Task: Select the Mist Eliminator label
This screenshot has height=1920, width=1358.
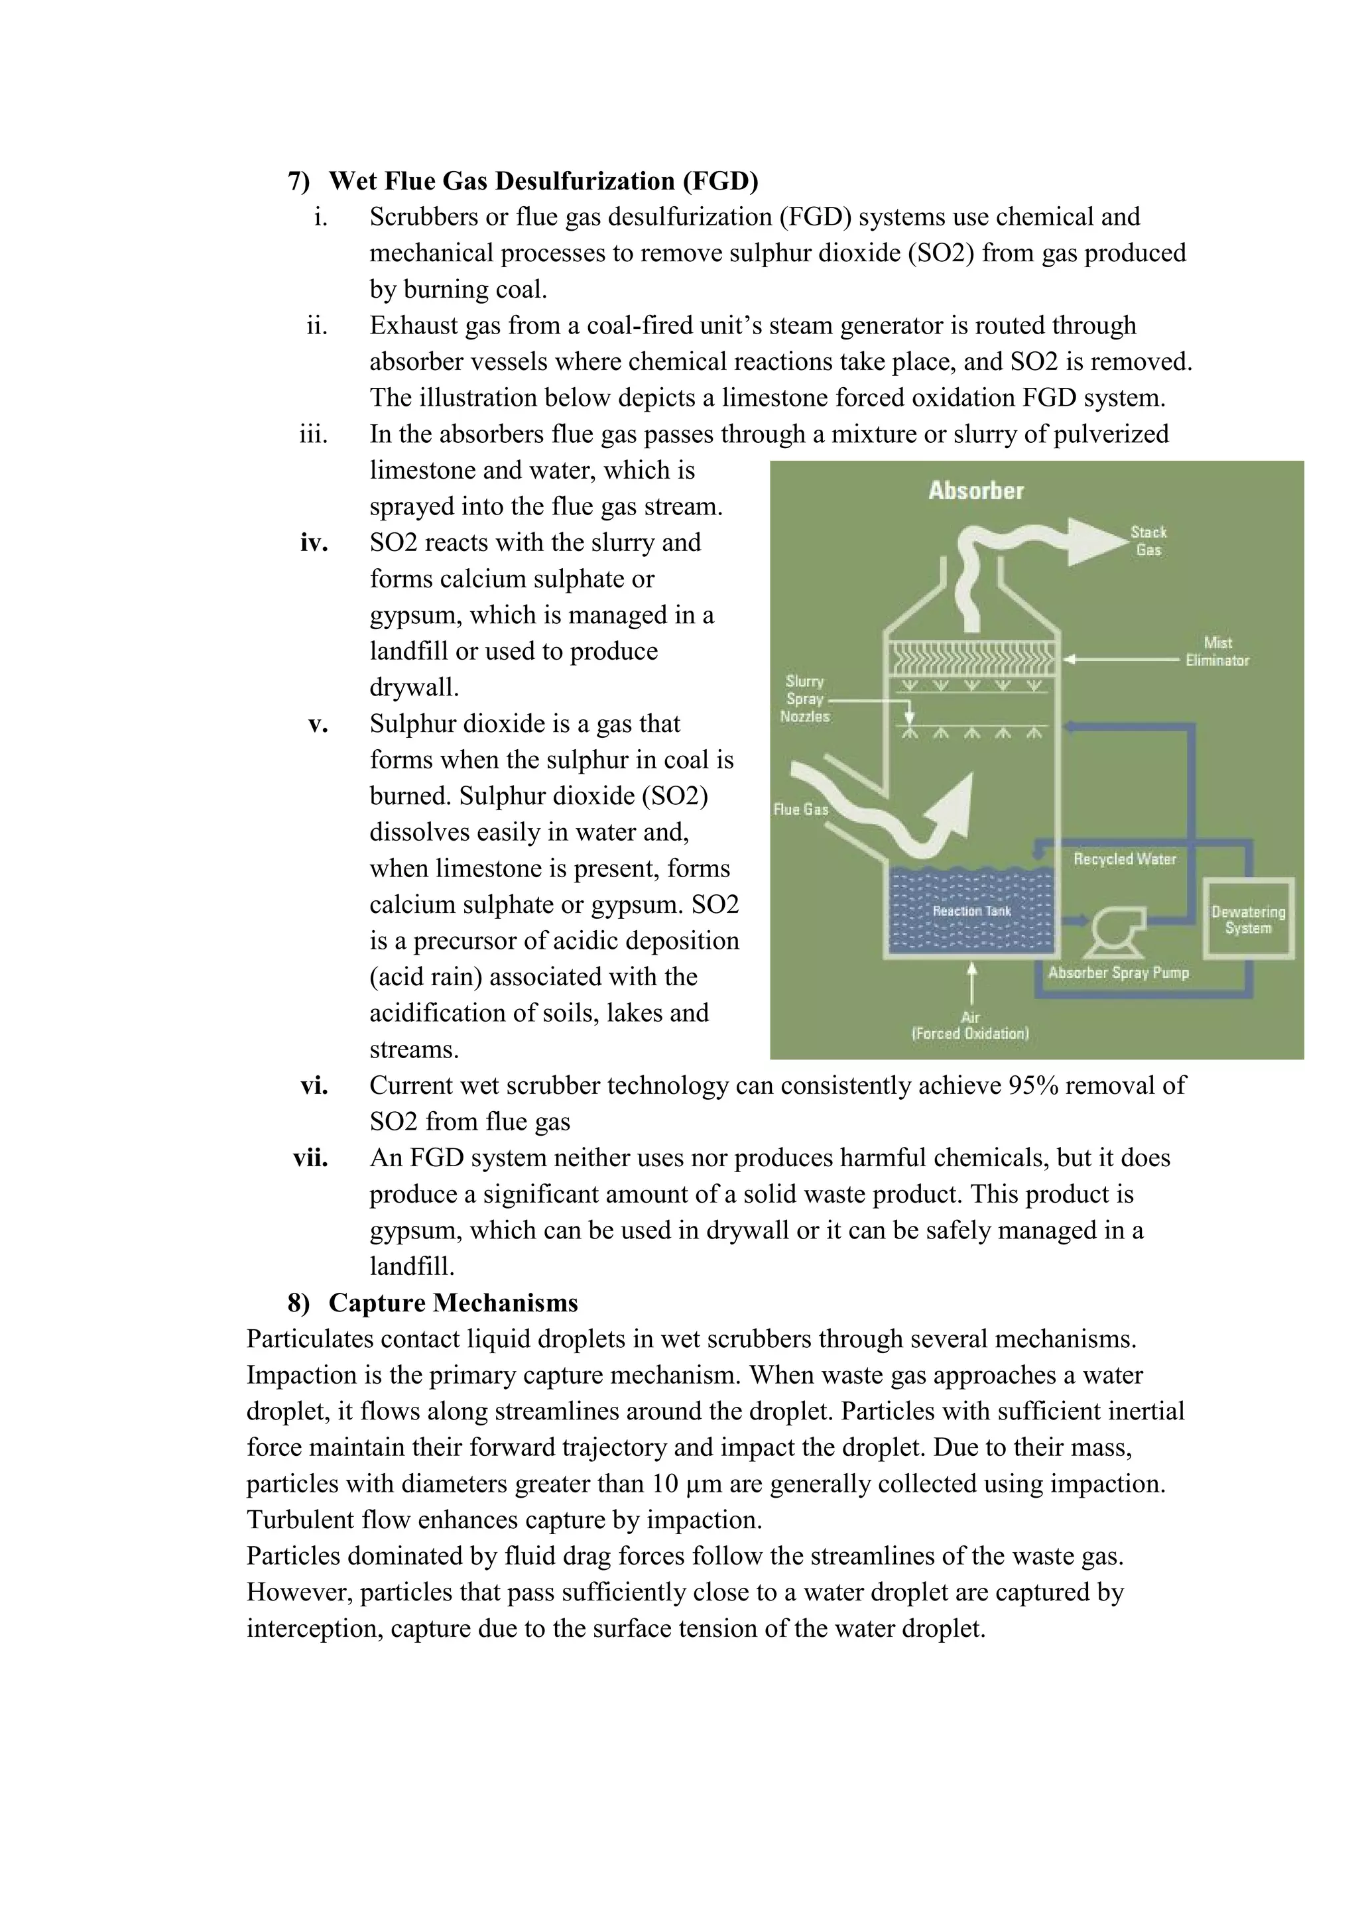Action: click(1217, 652)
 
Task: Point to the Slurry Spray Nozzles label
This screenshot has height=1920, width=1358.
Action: click(804, 699)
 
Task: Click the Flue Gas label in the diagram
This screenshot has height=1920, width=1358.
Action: click(800, 810)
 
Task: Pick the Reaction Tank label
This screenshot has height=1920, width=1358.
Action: click(971, 911)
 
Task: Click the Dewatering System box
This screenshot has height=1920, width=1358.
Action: click(1248, 920)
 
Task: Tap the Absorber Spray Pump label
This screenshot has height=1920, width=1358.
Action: click(1118, 973)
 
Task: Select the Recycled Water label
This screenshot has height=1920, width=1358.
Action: click(1124, 859)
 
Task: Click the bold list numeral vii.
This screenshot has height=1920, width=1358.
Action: click(310, 1158)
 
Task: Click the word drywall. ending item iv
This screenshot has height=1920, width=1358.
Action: click(414, 688)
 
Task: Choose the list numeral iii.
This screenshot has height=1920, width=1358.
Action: click(314, 435)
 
